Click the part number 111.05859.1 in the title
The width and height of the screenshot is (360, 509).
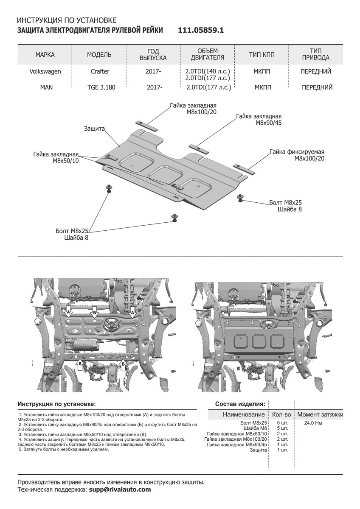pyautogui.click(x=200, y=31)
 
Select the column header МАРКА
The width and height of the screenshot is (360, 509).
pyautogui.click(x=45, y=55)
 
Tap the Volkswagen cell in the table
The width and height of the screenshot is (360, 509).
pyautogui.click(x=45, y=71)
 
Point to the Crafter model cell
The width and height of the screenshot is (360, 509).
pyautogui.click(x=99, y=71)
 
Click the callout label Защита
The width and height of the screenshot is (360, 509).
pyautogui.click(x=94, y=128)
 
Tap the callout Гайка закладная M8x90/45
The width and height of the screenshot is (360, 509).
pyautogui.click(x=259, y=119)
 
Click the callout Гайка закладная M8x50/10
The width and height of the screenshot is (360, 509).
pyautogui.click(x=55, y=158)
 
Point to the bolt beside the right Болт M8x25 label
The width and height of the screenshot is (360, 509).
pyautogui.click(x=241, y=197)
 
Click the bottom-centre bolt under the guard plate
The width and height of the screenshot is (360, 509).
pyautogui.click(x=174, y=218)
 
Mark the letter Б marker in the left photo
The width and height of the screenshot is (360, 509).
pyautogui.click(x=95, y=313)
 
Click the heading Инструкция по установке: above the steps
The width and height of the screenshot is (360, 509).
pyautogui.click(x=56, y=403)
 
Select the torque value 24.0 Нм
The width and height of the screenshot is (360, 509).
pyautogui.click(x=313, y=423)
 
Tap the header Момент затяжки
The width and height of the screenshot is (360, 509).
pyautogui.click(x=320, y=414)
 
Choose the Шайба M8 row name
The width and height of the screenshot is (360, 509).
pyautogui.click(x=256, y=428)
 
